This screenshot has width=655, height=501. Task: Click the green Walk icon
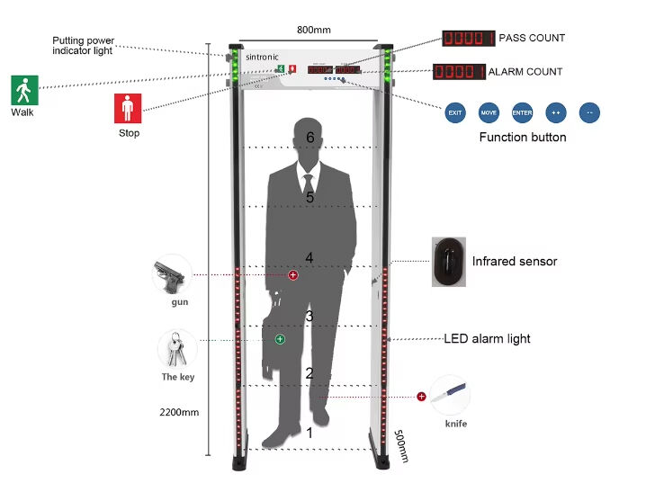(x=23, y=89)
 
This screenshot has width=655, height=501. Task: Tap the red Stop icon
(x=128, y=109)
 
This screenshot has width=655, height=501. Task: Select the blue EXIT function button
(x=456, y=113)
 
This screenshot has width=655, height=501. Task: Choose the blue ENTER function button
(x=522, y=113)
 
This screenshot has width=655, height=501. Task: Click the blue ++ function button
(x=555, y=113)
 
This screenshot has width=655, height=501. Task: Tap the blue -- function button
(x=589, y=113)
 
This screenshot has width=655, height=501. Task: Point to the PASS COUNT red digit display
(x=469, y=38)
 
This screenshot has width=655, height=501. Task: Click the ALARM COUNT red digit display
(x=459, y=71)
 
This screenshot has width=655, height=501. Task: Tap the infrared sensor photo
(x=447, y=262)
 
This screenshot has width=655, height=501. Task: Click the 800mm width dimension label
(x=313, y=30)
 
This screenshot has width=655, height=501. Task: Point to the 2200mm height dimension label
(x=178, y=413)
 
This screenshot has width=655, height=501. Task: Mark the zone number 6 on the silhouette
(x=310, y=138)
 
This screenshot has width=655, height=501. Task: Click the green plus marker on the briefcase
(x=280, y=339)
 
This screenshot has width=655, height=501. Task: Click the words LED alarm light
(x=487, y=339)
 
